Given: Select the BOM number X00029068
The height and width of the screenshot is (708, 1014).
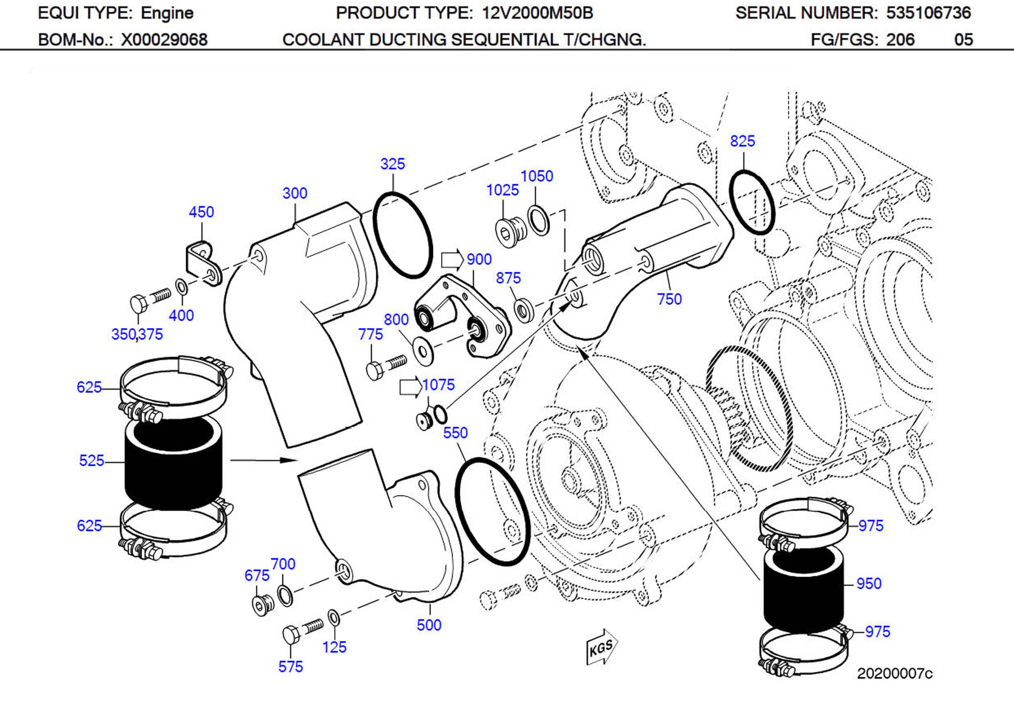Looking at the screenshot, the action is [164, 40].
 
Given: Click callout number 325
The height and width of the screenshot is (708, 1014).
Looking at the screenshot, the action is [392, 164].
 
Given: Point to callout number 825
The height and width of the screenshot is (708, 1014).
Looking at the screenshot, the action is [743, 141].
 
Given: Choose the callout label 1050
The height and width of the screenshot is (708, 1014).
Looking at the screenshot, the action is [537, 176].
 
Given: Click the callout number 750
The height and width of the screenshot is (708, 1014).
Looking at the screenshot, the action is [669, 299].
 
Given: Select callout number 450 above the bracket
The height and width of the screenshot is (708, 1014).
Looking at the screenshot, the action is [201, 212].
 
